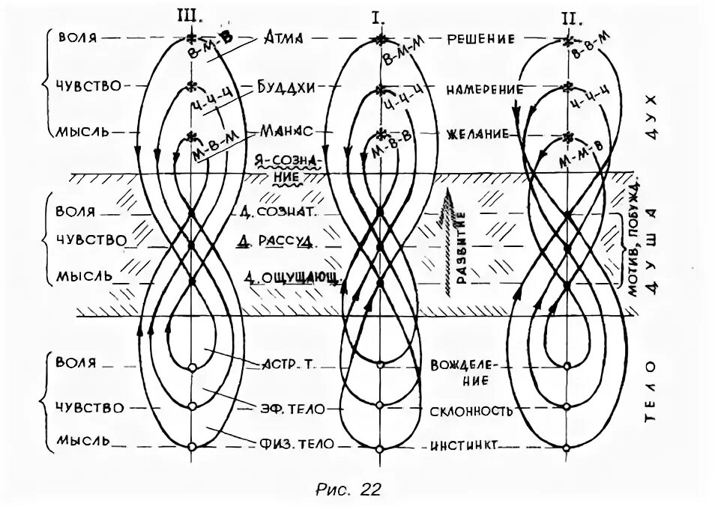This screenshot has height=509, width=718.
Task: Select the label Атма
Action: click(282, 38)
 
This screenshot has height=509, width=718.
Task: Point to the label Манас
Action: click(286, 130)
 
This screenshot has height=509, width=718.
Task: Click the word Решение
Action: click(481, 38)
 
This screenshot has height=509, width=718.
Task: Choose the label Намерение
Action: click(484, 89)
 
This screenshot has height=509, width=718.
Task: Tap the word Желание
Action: click(480, 135)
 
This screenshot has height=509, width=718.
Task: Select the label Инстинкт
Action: click(464, 446)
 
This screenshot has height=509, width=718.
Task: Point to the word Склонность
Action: click(471, 411)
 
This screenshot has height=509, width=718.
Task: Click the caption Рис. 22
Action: click(349, 490)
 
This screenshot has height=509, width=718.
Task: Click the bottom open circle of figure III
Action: click(192, 447)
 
